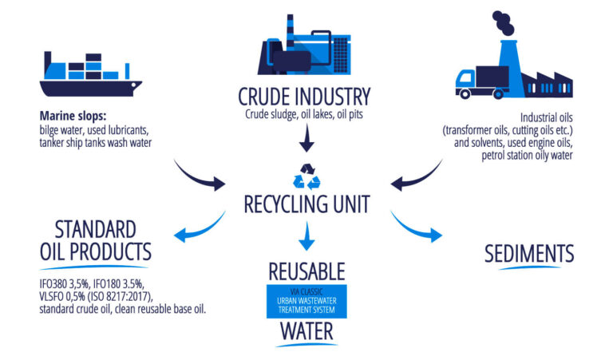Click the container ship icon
[x=91, y=73]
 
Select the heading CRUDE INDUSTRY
[x=304, y=97]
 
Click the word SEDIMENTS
[x=529, y=254]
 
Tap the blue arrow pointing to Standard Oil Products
[x=200, y=227]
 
